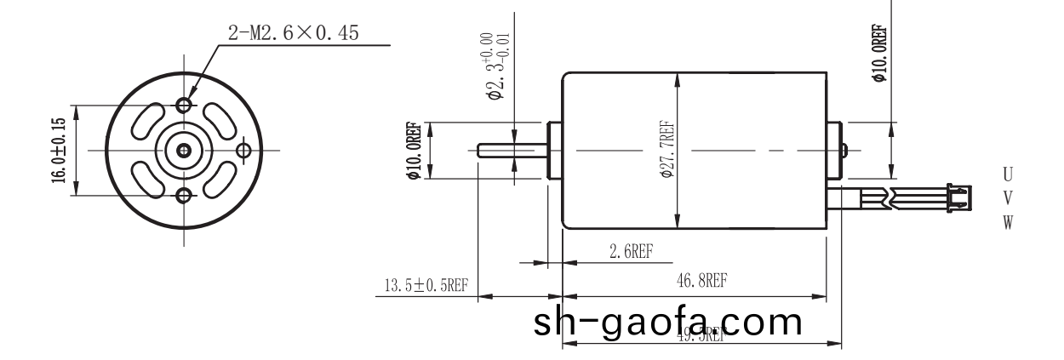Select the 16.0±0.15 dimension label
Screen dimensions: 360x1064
59,151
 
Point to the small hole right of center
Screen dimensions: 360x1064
244,151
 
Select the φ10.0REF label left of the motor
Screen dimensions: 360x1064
415,151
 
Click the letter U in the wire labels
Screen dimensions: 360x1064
1008,174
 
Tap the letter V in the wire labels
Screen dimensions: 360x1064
1008,198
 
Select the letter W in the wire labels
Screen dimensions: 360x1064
1008,223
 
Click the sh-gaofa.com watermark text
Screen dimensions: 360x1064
667,323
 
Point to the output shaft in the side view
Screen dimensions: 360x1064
511,151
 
